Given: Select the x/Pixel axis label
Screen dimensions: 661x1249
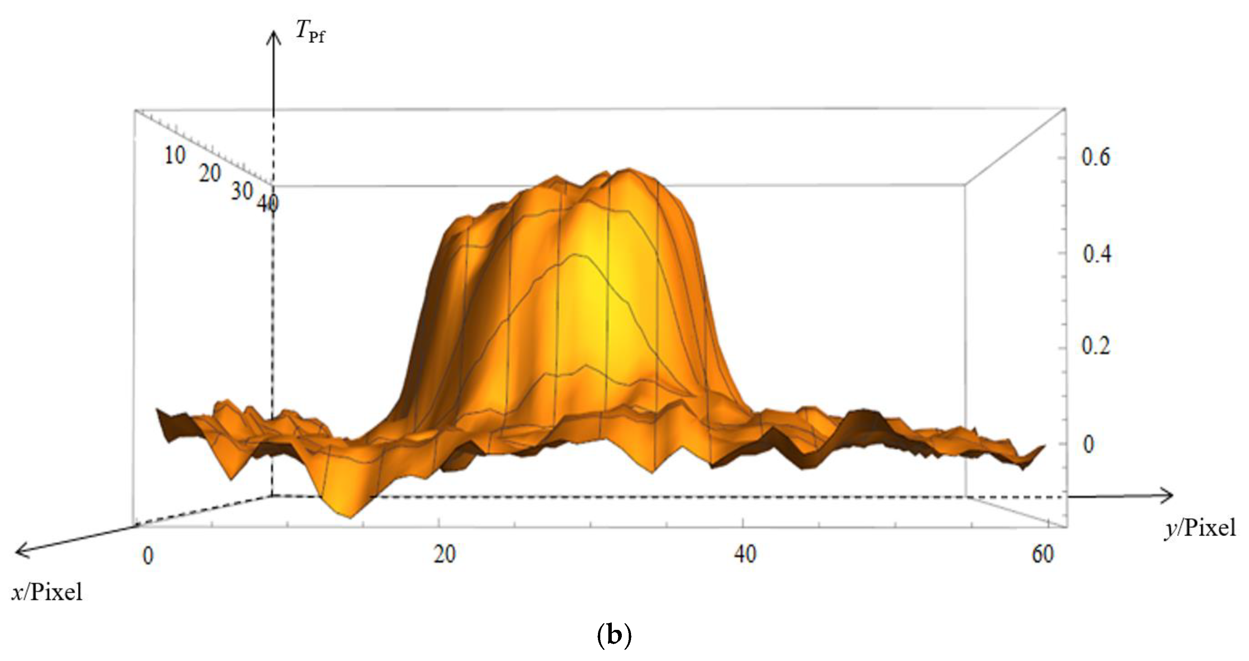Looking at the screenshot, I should pyautogui.click(x=47, y=592).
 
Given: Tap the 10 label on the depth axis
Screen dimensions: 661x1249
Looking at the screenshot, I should pyautogui.click(x=175, y=156).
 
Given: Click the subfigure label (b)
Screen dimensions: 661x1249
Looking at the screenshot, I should pyautogui.click(x=614, y=636).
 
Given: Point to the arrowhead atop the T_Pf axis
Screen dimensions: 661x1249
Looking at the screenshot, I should pyautogui.click(x=274, y=37).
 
